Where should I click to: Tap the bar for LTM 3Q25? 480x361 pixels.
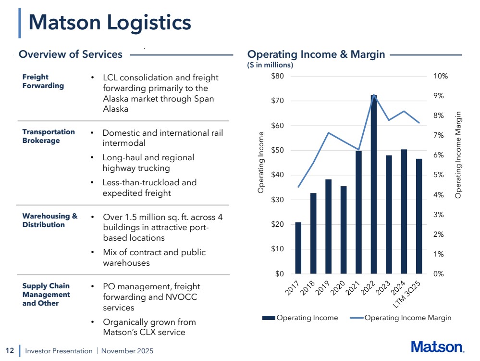click(x=418, y=216)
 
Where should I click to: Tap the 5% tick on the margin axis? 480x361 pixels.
click(x=439, y=175)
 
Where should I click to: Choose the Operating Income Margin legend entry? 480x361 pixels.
click(x=407, y=318)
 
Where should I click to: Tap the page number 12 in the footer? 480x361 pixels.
click(x=9, y=350)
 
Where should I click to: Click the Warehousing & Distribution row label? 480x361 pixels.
click(x=50, y=220)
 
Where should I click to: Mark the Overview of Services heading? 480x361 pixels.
click(x=71, y=54)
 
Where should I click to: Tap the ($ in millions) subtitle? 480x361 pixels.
click(x=270, y=64)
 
